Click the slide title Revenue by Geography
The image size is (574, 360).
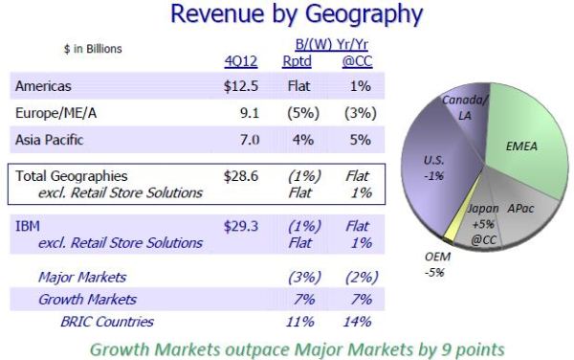click(x=287, y=15)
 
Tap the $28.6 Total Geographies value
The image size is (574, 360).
click(x=241, y=177)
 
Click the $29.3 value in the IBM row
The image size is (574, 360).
click(x=241, y=227)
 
